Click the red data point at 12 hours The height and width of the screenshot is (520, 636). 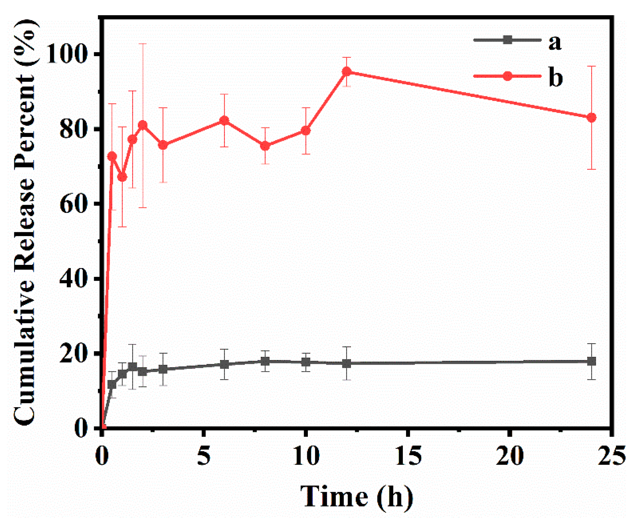point(347,72)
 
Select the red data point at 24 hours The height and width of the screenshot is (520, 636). point(591,118)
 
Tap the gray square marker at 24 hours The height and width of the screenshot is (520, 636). point(591,361)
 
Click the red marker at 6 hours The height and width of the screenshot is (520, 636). point(224,120)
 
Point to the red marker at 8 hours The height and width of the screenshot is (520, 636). point(265,146)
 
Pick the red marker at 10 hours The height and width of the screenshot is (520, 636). point(306,131)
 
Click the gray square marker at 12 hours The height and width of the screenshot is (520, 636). point(347,363)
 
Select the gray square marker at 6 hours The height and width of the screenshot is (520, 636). point(224,364)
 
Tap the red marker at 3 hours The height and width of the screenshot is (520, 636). point(163,145)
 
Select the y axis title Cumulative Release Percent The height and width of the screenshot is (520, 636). point(25,222)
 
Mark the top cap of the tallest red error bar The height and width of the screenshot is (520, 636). point(143,44)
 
